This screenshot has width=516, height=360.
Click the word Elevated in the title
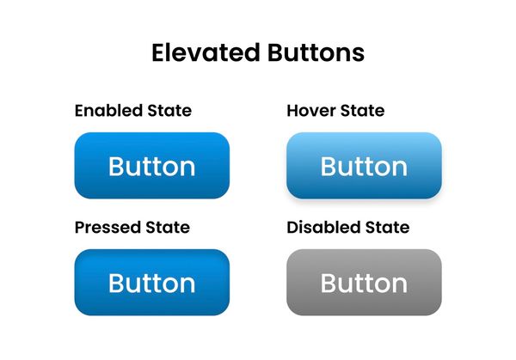click(203, 53)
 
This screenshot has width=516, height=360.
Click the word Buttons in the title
click(312, 53)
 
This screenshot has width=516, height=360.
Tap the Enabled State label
click(133, 111)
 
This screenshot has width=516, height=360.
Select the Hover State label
click(335, 111)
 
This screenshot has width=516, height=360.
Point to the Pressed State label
click(132, 228)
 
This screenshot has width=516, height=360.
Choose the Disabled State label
click(347, 228)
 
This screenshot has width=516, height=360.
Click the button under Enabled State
click(152, 166)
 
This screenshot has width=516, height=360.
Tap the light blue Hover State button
click(364, 166)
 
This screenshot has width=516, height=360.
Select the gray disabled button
click(364, 283)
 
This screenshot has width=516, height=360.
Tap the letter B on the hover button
click(329, 167)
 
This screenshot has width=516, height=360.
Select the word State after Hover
click(362, 111)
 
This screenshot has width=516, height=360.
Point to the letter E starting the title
click(159, 53)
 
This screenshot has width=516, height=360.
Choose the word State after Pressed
click(167, 228)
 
